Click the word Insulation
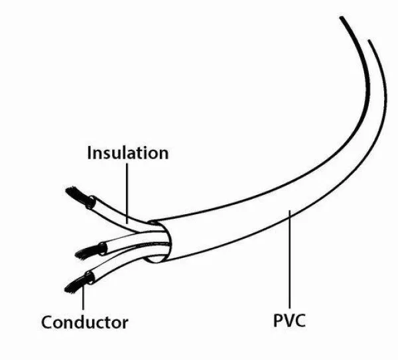pos(128,153)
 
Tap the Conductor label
pos(84,323)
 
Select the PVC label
pos(289,323)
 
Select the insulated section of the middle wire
pos(126,242)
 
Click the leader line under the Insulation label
pos(127,189)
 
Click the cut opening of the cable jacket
pos(159,242)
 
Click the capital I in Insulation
pos(90,153)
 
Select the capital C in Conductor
pos(47,323)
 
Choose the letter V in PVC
pos(289,323)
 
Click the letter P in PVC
pos(278,323)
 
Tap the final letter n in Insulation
pos(163,153)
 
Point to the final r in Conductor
pos(125,323)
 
